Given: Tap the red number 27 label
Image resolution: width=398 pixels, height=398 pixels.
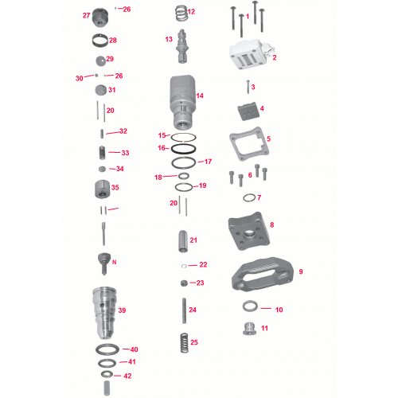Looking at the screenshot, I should point(87,15).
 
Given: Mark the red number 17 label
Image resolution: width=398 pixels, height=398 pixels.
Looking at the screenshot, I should point(209,162).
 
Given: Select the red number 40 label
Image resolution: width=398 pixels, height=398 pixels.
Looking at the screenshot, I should point(134,349).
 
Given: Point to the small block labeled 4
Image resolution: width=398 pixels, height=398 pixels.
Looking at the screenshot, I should point(247,111).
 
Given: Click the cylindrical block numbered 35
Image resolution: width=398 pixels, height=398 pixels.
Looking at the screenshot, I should point(99,191).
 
